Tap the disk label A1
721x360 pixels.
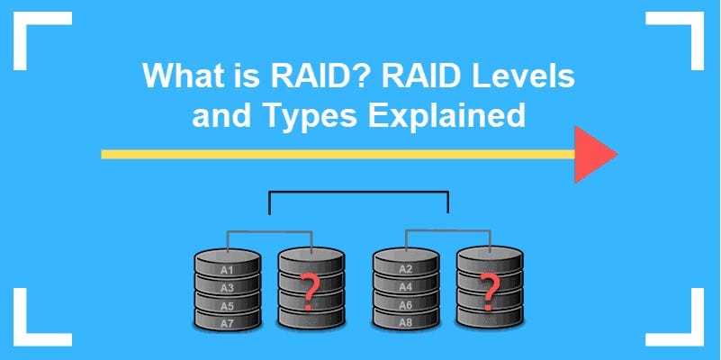[x=228, y=270]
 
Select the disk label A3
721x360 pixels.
[x=228, y=287]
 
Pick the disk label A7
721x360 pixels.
[x=228, y=321]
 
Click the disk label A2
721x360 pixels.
[x=405, y=270]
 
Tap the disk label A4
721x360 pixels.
[x=405, y=287]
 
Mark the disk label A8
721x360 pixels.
[x=405, y=321]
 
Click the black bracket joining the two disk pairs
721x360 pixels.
[x=359, y=192]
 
